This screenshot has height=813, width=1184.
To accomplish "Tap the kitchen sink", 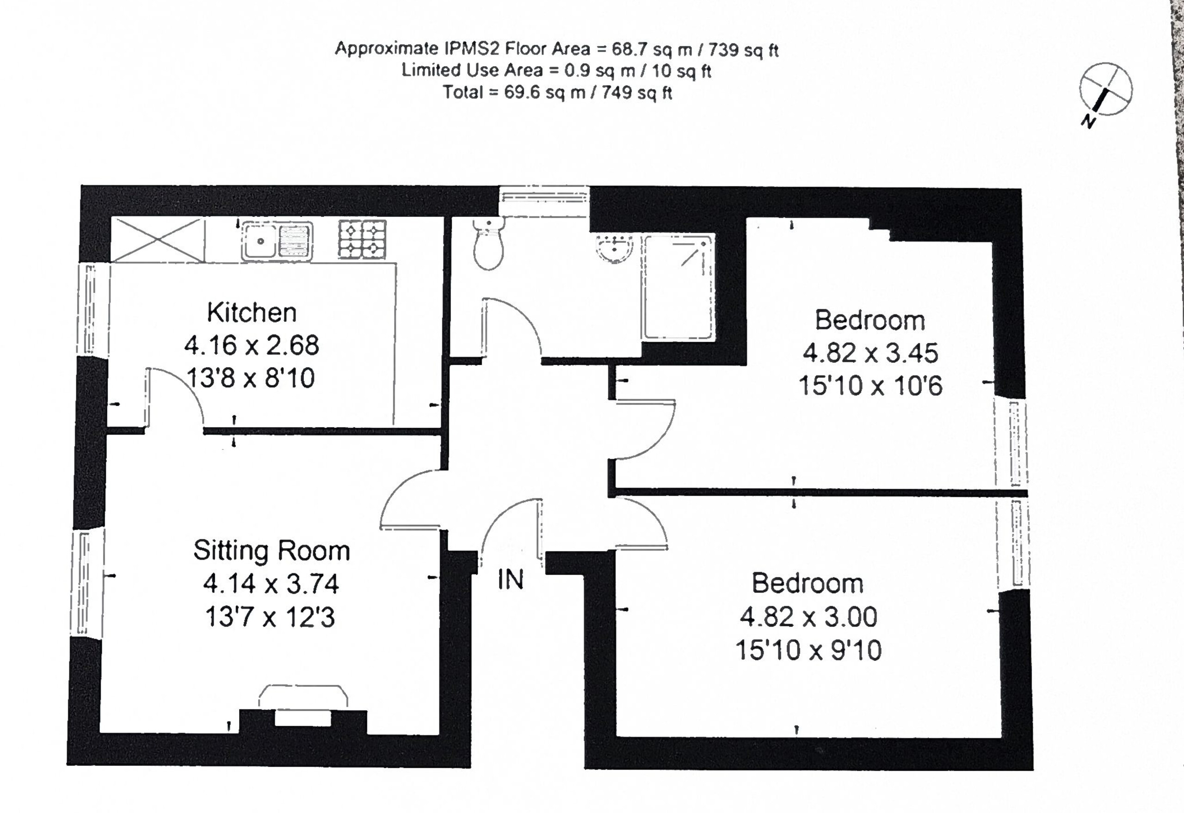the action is point(277,241).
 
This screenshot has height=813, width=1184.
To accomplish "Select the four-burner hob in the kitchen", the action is point(362,239).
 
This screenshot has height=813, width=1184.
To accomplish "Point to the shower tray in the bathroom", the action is point(678,287).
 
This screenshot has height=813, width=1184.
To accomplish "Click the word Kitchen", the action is point(252,312).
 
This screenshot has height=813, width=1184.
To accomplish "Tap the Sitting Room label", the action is point(271,551).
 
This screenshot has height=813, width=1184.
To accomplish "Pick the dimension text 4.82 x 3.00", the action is point(808,617).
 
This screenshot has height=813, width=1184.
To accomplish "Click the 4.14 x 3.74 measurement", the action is point(271,584).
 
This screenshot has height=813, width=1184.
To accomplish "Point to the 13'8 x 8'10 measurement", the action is point(251,378).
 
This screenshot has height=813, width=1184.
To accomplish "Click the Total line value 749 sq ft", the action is point(637,92).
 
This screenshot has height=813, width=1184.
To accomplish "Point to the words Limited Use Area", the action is point(472,70).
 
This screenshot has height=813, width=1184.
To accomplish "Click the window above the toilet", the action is point(544,202).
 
